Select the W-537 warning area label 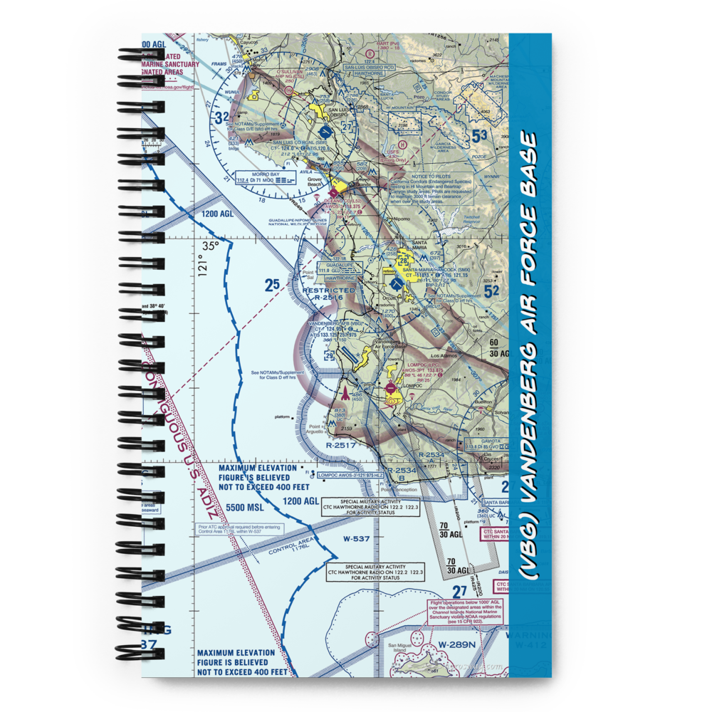coord(356,538)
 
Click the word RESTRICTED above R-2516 coord(328,290)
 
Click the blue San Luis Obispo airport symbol coord(326,132)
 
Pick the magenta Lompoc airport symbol coord(391,389)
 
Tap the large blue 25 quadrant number coord(272,286)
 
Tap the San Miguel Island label coord(400,649)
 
